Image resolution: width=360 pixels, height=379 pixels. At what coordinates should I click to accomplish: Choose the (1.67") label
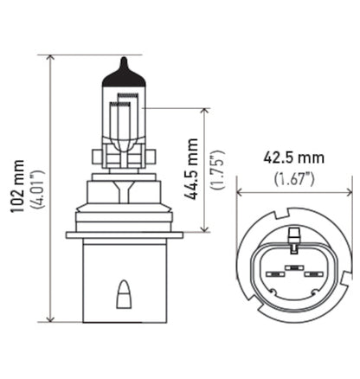pos(294,178)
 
